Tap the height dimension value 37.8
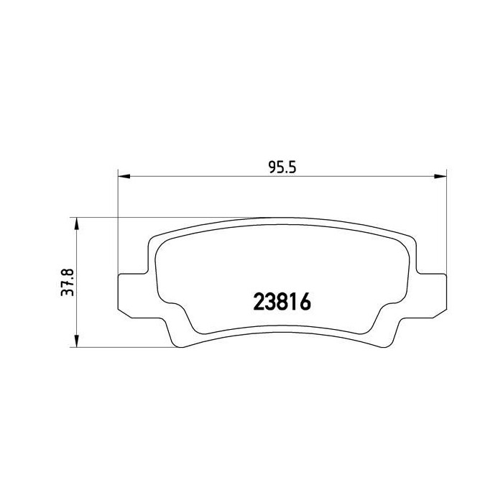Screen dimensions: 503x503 (x=67, y=282)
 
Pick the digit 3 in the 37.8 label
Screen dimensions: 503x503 (x=67, y=292)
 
